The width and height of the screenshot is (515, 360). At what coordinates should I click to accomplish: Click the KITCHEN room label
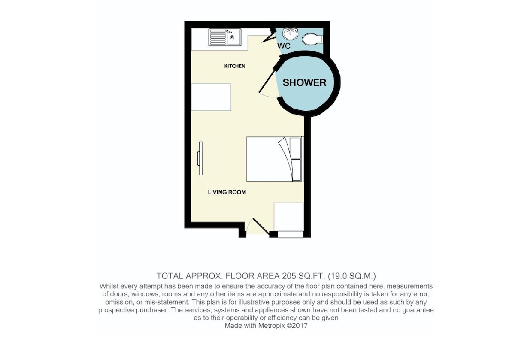(235, 66)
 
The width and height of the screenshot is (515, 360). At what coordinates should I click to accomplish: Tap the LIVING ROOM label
(227, 192)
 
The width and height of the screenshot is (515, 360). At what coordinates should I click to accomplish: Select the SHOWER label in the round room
(304, 82)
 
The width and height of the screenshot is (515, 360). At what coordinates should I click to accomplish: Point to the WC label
(284, 46)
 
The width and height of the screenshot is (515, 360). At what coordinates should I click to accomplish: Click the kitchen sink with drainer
(225, 37)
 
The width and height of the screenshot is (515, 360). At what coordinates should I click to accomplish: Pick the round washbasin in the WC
(290, 34)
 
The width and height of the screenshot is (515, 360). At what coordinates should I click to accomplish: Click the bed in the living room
(275, 159)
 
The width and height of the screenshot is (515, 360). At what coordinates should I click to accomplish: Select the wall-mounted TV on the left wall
(200, 158)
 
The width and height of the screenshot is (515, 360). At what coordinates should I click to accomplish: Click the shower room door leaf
(267, 80)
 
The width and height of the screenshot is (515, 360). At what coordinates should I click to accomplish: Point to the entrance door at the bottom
(261, 227)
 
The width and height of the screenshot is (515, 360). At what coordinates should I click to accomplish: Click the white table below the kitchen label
(211, 97)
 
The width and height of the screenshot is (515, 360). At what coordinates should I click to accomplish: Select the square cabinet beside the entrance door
(289, 217)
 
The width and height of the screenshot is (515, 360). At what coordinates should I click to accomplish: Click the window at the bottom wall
(290, 234)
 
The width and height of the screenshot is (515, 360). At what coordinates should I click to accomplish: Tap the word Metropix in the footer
(272, 326)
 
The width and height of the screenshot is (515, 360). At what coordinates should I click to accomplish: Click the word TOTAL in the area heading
(170, 276)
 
